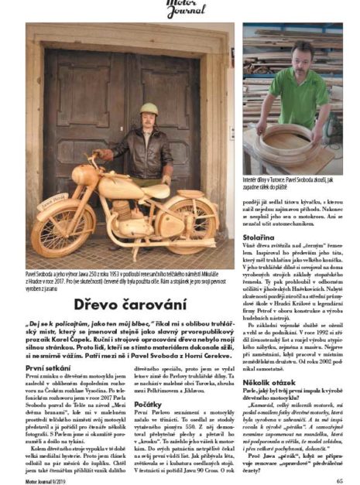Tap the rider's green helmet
(149, 110)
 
